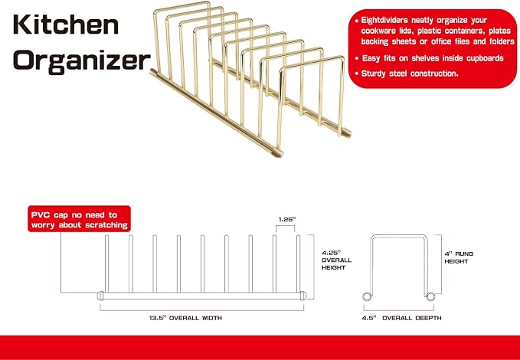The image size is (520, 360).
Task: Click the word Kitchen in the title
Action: tap(66, 25)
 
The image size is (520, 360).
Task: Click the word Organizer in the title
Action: tap(82, 61)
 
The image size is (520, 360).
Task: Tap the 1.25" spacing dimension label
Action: tap(286, 219)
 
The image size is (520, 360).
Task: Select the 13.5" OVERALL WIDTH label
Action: tap(185, 318)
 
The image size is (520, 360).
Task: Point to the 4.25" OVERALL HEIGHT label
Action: tap(336, 260)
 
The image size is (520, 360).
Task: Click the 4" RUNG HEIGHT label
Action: tap(459, 257)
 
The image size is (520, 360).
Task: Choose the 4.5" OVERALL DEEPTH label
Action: tap(401, 318)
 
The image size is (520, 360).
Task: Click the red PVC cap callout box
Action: tap(79, 219)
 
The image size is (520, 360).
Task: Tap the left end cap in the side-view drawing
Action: tap(100, 296)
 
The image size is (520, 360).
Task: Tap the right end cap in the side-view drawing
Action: tap(303, 296)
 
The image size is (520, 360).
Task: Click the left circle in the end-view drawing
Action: tap(367, 296)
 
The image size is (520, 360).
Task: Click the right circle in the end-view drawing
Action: tap(430, 296)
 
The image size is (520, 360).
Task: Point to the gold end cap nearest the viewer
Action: tap(277, 153)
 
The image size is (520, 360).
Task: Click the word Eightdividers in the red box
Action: tap(384, 20)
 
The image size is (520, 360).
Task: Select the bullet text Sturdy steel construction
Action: tap(410, 74)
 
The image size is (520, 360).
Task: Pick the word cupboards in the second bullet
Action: tap(485, 58)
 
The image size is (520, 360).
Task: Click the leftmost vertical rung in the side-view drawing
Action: tap(106, 263)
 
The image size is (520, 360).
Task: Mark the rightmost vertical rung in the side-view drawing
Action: tap(298, 263)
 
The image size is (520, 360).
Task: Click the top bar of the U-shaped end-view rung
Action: tap(399, 237)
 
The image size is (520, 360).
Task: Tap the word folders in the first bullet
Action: tap(502, 41)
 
